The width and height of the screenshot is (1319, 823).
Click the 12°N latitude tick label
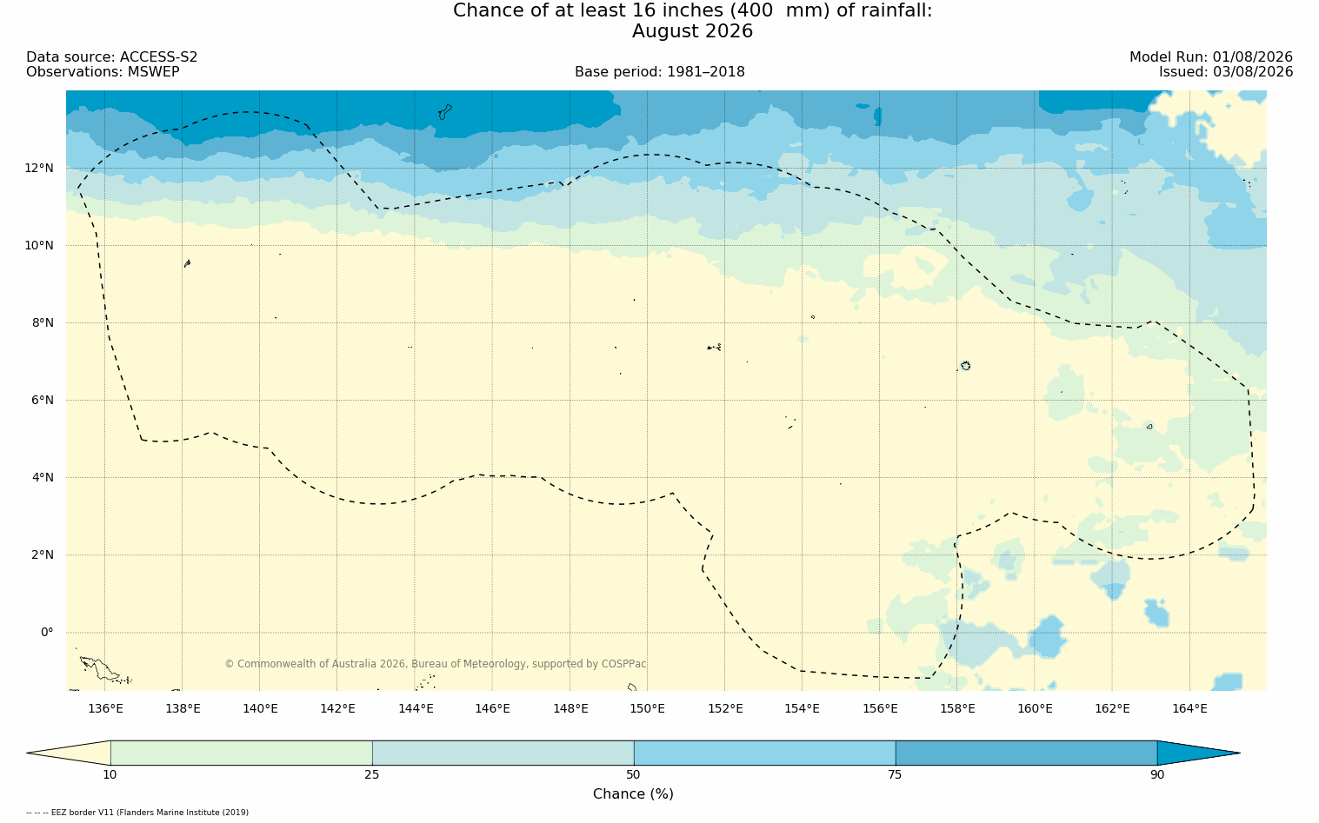pyautogui.click(x=39, y=169)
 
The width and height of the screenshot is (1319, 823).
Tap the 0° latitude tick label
pyautogui.click(x=47, y=633)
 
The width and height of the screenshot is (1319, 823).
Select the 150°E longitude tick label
pyautogui.click(x=647, y=708)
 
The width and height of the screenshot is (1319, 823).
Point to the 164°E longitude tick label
pyautogui.click(x=1189, y=708)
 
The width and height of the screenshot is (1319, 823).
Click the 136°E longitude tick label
pyautogui.click(x=105, y=708)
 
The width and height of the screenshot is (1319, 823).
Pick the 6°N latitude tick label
pyautogui.click(x=43, y=401)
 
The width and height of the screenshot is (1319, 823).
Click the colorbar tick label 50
pyautogui.click(x=634, y=774)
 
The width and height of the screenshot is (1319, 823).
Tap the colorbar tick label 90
pyautogui.click(x=1157, y=774)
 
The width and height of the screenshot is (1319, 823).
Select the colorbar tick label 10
pyautogui.click(x=110, y=774)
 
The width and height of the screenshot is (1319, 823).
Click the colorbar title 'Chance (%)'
pyautogui.click(x=633, y=794)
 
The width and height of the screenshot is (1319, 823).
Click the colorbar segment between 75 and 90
pyautogui.click(x=1026, y=753)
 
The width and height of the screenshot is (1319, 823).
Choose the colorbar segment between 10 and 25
pyautogui.click(x=242, y=753)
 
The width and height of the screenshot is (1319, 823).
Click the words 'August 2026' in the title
pyautogui.click(x=692, y=31)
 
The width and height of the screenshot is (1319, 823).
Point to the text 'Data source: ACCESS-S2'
pyautogui.click(x=112, y=57)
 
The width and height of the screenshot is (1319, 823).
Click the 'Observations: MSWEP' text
pyautogui.click(x=103, y=72)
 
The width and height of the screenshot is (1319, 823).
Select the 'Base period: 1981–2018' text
pyautogui.click(x=659, y=72)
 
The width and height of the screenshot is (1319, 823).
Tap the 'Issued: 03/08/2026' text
pyautogui.click(x=1226, y=72)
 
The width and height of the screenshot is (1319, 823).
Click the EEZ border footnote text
pyautogui.click(x=137, y=813)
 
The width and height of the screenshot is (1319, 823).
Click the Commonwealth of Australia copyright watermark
pyautogui.click(x=436, y=664)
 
